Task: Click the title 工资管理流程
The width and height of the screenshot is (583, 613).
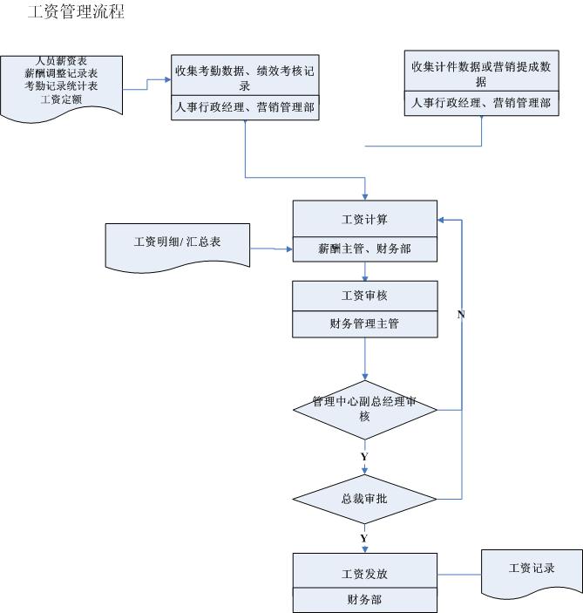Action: coord(76,12)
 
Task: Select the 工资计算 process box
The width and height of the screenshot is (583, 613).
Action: coord(364,219)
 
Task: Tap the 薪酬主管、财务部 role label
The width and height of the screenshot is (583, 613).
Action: coord(364,249)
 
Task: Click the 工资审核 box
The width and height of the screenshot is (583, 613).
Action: coord(364,296)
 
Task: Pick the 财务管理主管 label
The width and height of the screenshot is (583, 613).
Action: coord(364,324)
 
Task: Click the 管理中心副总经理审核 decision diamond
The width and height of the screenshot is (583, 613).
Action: coord(364,409)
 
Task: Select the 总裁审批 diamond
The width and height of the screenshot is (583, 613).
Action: coord(364,500)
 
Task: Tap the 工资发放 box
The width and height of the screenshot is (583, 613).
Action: coord(364,574)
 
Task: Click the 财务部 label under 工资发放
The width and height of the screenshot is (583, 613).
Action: coord(364,600)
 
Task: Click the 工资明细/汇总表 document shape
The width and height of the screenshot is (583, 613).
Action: coord(177,242)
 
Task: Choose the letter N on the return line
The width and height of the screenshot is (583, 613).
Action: coord(460,314)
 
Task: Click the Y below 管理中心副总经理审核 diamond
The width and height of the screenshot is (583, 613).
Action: coord(363,456)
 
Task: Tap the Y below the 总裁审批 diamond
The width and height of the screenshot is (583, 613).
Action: coord(363,538)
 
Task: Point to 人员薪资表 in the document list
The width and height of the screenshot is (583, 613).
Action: coord(61,61)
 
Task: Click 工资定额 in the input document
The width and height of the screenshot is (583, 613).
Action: coord(61,99)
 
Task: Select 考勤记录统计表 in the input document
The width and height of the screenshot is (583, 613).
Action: coord(61,86)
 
